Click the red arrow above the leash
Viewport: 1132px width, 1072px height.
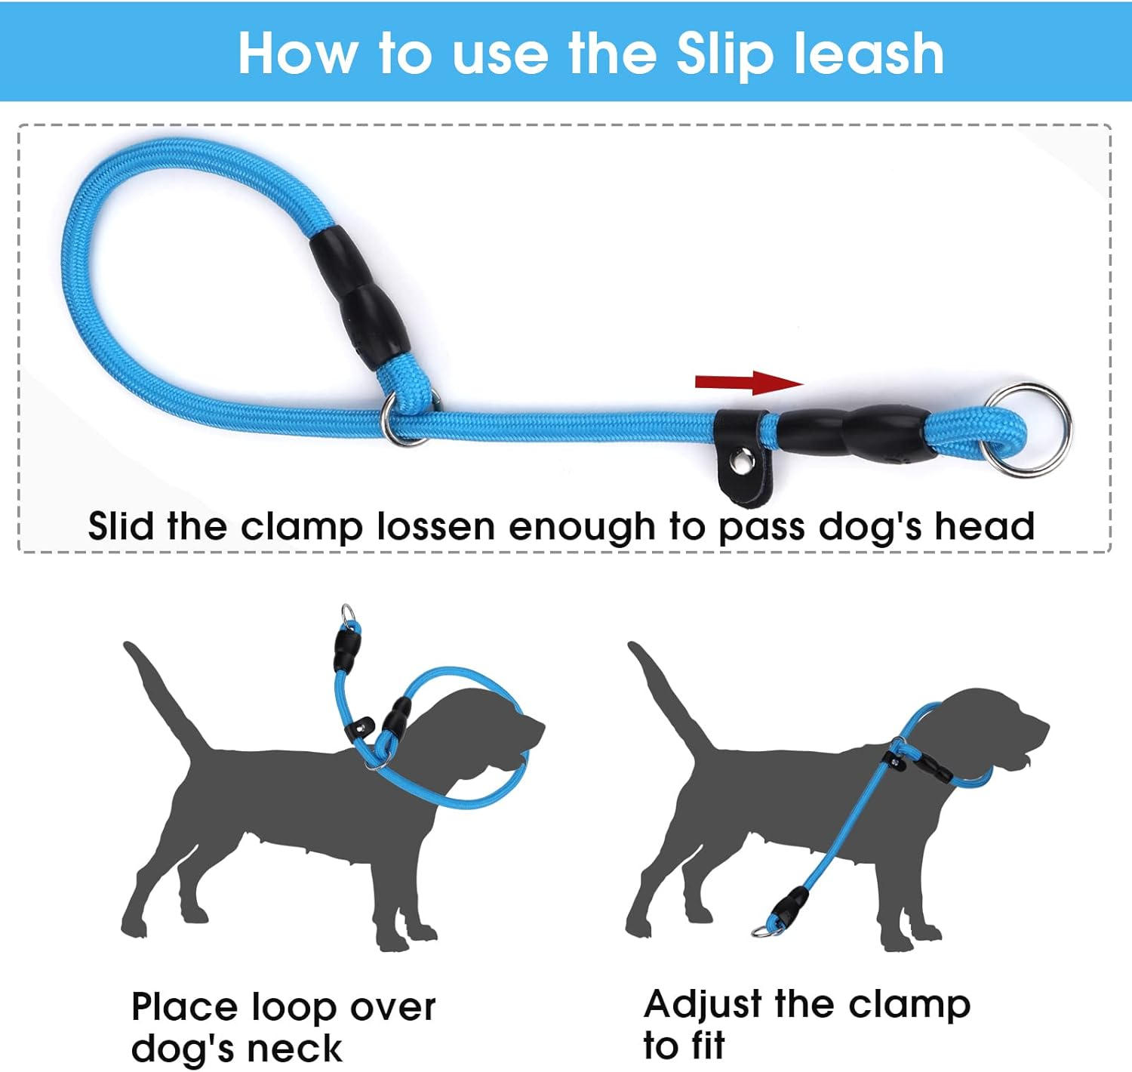point(747,382)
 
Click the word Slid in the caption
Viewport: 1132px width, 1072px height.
point(118,527)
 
